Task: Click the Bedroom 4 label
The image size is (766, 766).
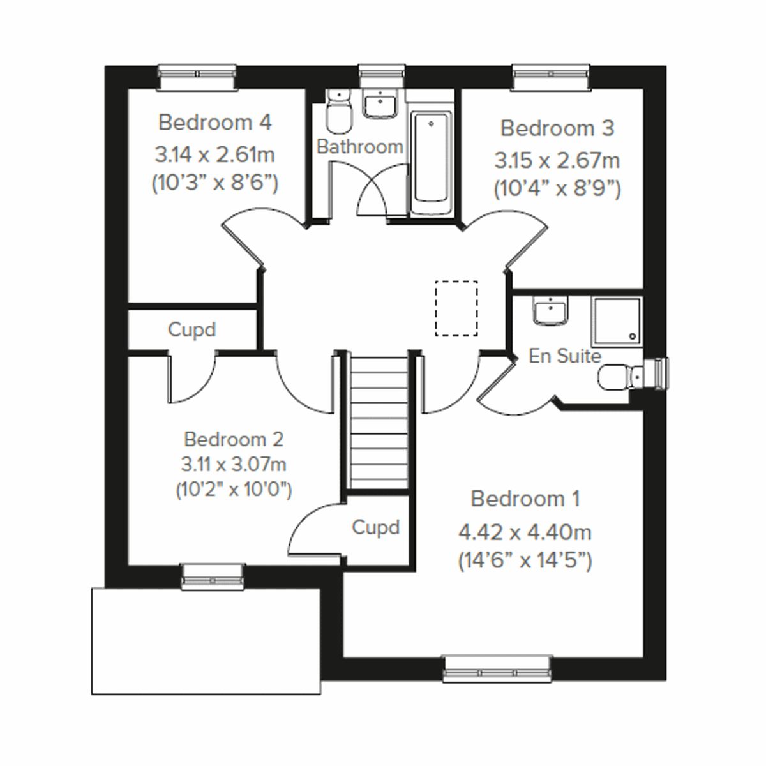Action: point(215,122)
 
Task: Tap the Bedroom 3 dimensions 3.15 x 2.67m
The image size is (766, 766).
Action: point(557,160)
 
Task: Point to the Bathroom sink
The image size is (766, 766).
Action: point(380,104)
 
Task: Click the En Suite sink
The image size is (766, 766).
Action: point(550,312)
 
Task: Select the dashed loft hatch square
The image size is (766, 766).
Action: point(456,308)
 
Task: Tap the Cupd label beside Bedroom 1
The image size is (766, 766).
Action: point(376,528)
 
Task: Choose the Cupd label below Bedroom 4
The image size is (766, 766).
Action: point(191,329)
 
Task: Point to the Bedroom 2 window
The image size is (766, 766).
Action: point(213,576)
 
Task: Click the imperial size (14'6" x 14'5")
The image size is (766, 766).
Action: point(525,561)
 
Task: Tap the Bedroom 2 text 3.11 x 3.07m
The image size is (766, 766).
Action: point(234,464)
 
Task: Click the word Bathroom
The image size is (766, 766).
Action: point(360,146)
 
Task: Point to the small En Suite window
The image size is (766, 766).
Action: point(658,373)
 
